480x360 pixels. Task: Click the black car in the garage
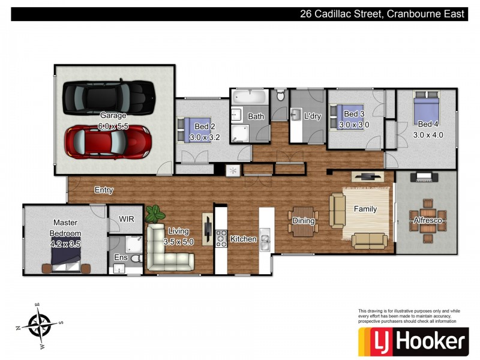[x=108, y=95]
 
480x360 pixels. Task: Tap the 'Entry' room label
[x=104, y=190]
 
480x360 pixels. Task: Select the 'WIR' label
[x=127, y=219]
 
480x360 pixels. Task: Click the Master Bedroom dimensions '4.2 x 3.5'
[x=66, y=244]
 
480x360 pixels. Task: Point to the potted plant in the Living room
[x=155, y=213]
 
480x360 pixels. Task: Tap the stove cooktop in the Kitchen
[x=220, y=239]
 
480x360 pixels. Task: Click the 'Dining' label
[x=304, y=221]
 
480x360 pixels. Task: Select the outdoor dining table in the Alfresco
[x=427, y=221]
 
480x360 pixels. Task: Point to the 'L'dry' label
[x=313, y=116]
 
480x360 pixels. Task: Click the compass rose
[x=40, y=326]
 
